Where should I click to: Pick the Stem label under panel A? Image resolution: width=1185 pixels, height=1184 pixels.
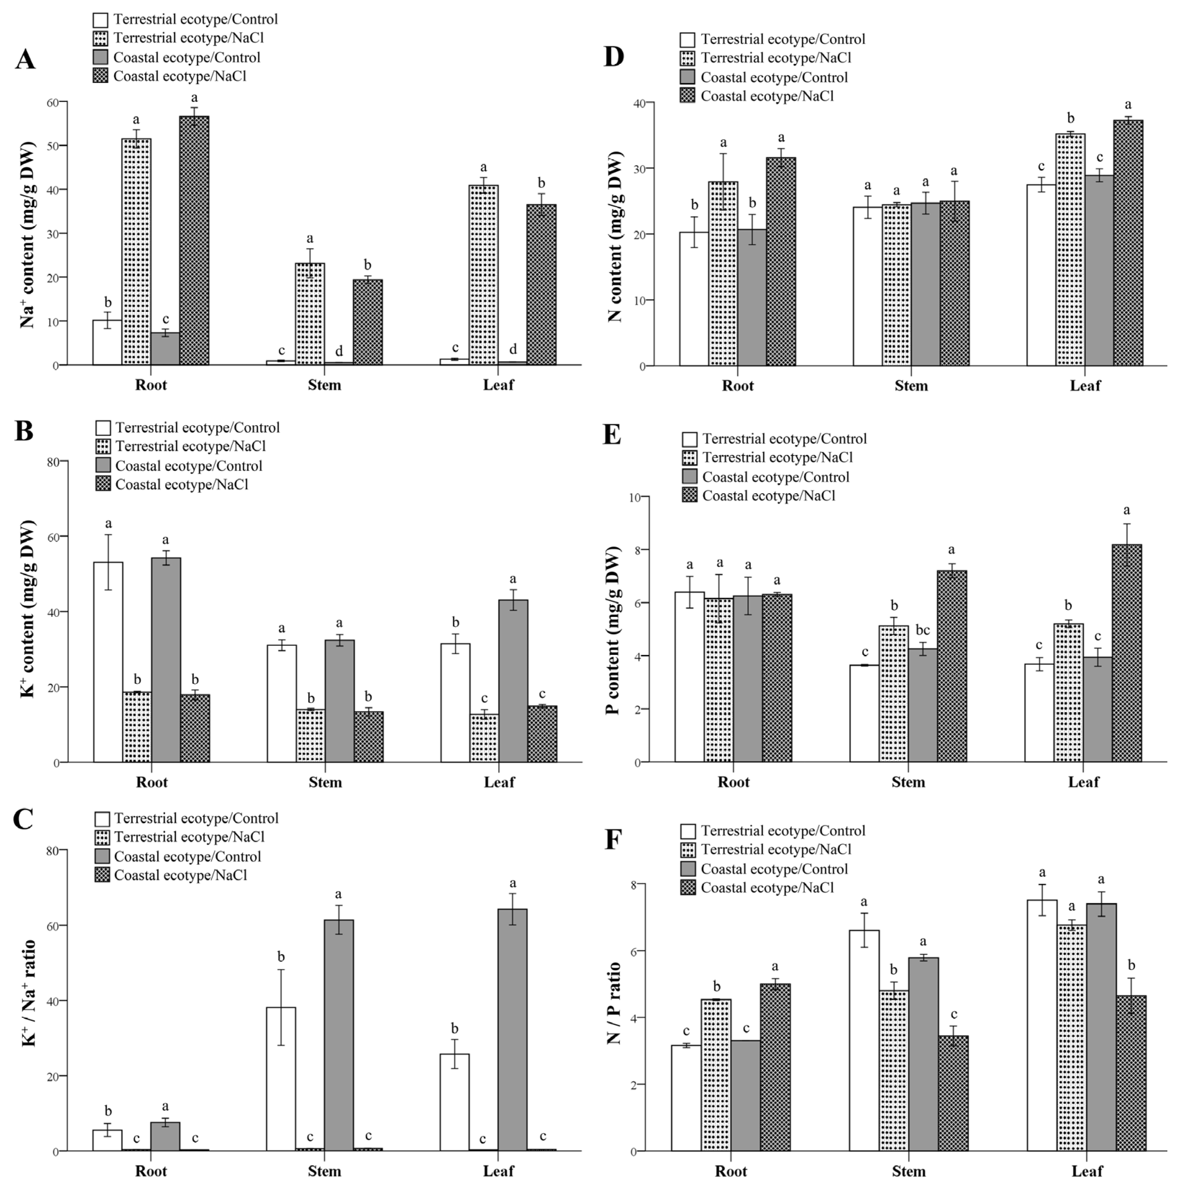click(x=324, y=385)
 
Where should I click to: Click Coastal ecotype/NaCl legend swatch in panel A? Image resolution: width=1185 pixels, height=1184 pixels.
click(x=101, y=76)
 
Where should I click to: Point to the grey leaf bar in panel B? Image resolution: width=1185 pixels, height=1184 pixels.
click(x=513, y=681)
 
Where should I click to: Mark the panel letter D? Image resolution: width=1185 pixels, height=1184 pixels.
click(x=614, y=57)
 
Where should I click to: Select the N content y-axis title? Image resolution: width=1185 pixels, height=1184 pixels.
click(x=615, y=236)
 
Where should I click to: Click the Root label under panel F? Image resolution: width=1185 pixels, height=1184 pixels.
click(x=731, y=1171)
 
